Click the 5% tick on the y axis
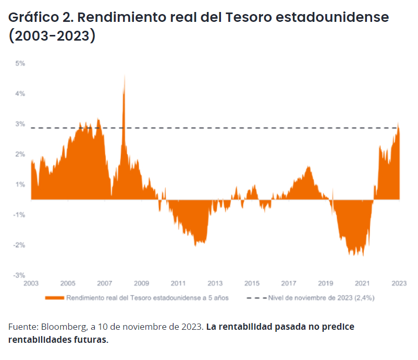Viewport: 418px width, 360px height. point(20,64)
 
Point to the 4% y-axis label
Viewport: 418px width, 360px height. point(20,94)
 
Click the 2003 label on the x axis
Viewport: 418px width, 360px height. point(31,283)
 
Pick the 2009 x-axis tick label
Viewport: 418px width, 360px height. point(141,283)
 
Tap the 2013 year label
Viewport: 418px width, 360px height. point(215,283)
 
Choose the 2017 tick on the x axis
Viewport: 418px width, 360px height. point(289,283)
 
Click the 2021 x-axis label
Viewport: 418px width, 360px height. point(362,283)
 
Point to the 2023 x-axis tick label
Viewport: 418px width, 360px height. point(399,283)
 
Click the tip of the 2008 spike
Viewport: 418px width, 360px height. point(124,76)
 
